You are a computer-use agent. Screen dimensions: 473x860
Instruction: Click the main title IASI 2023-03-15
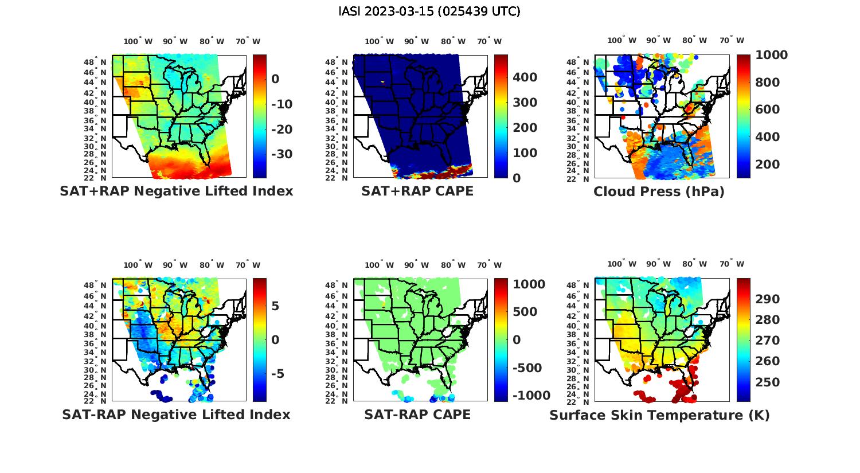[x=429, y=11]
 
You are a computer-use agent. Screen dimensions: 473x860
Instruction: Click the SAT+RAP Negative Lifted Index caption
[x=176, y=191]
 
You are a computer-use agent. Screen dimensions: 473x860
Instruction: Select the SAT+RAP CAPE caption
[x=417, y=191]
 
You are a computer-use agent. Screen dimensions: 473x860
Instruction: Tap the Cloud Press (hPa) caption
[x=659, y=191]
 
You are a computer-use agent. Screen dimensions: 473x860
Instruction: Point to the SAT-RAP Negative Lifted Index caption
[x=176, y=415]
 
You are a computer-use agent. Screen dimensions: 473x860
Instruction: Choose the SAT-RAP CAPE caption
[x=417, y=415]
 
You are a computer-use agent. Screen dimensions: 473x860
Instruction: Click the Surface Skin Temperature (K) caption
[x=659, y=415]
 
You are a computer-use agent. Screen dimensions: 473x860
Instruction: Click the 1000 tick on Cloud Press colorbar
[x=771, y=55]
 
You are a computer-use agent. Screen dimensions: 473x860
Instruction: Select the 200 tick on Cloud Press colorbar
[x=768, y=165]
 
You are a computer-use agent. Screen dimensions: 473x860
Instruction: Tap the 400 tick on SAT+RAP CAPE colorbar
[x=525, y=77]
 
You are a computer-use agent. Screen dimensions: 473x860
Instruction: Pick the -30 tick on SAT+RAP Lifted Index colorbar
[x=281, y=154]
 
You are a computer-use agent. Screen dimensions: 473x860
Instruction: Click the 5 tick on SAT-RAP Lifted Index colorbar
[x=275, y=306]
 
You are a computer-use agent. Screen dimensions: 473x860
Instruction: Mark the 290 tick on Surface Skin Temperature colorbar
[x=767, y=299]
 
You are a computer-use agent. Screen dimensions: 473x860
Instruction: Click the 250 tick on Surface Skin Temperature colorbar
[x=767, y=382]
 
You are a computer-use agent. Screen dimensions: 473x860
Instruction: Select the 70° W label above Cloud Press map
[x=732, y=40]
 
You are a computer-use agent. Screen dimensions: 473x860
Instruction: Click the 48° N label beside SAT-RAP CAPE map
[x=337, y=286]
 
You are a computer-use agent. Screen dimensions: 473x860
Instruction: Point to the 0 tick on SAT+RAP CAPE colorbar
[x=517, y=178]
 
